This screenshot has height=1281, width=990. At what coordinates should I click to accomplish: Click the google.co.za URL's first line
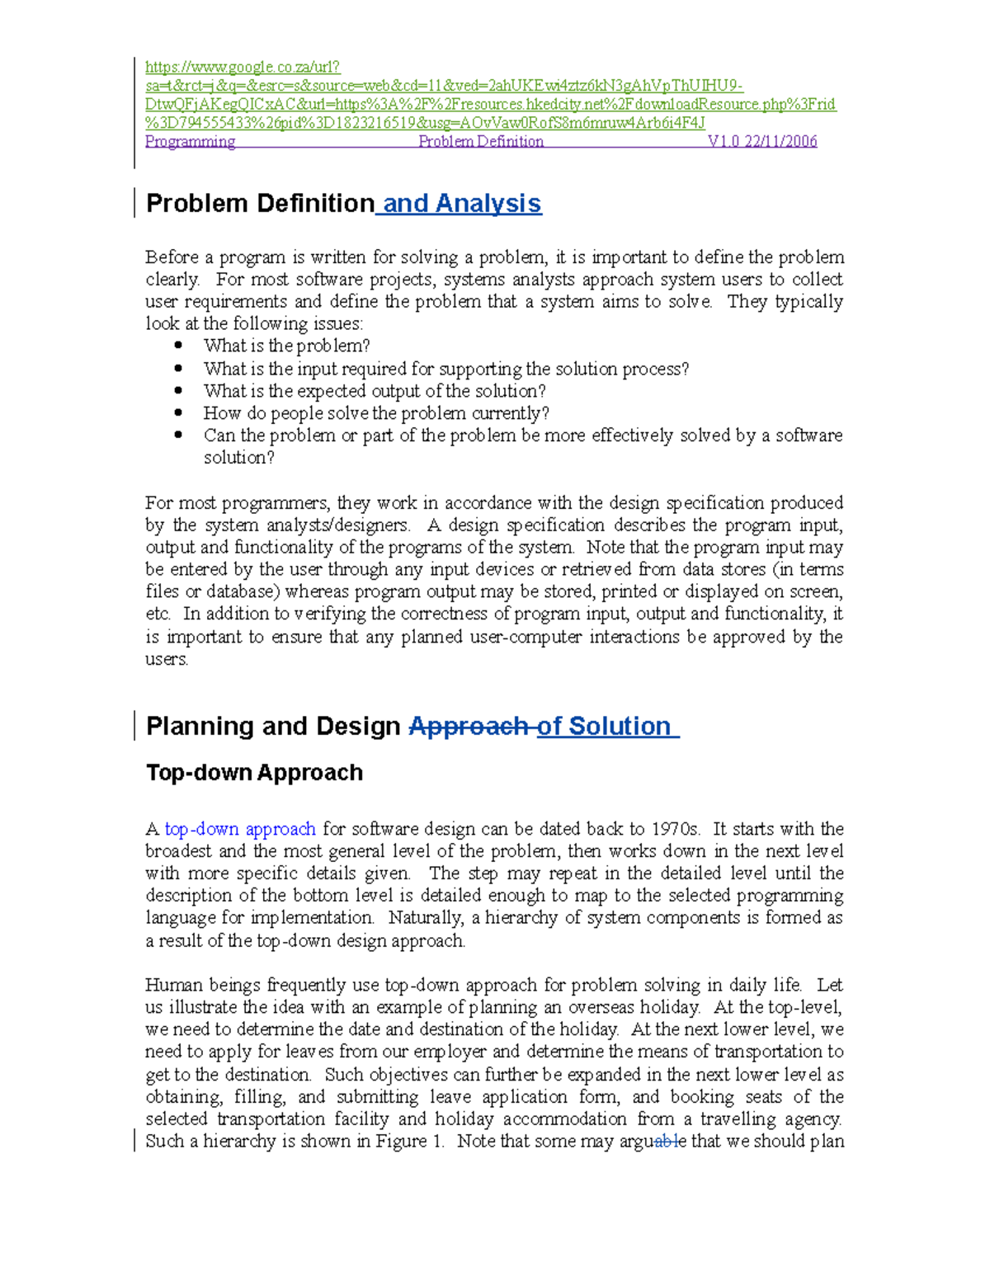[243, 67]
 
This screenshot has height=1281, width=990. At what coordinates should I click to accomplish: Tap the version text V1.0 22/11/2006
[761, 141]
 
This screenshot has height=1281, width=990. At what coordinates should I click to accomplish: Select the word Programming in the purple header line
[190, 141]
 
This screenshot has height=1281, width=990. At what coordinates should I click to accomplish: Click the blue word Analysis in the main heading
[488, 203]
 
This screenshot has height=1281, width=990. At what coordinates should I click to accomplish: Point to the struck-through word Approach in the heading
[469, 726]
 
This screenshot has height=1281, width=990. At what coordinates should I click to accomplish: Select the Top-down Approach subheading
[254, 772]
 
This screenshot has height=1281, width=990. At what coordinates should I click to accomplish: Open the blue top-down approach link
[240, 828]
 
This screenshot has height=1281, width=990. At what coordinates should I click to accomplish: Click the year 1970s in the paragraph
[676, 828]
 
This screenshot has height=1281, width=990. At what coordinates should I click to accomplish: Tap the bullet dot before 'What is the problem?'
[178, 346]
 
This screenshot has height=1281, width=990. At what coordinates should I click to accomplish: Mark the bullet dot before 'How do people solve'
[178, 412]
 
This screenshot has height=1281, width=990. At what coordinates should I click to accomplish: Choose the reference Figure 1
[410, 1141]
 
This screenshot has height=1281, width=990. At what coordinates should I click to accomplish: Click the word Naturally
[426, 917]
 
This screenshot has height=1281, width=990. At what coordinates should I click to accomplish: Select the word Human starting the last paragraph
[173, 984]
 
